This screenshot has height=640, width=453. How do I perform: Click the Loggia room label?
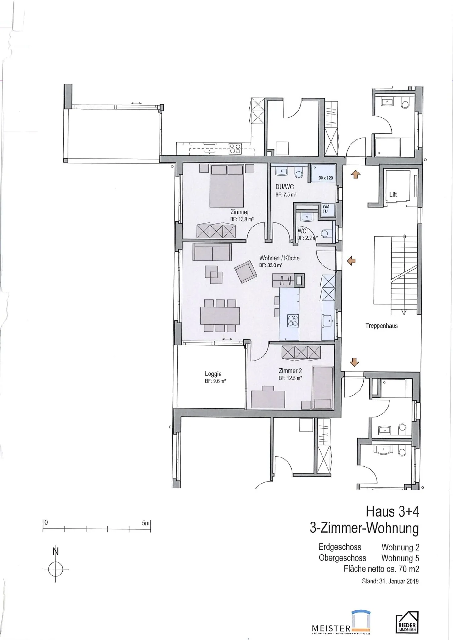[213, 374]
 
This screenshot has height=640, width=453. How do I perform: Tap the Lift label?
[393, 194]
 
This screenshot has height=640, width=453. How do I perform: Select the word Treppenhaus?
[381, 326]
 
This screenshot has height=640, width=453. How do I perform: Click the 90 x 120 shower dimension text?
[325, 178]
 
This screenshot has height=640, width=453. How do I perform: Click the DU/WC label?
[284, 187]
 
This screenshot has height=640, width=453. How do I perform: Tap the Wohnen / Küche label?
[279, 258]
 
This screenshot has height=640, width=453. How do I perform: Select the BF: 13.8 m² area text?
[242, 220]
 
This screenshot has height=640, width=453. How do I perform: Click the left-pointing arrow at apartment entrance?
[351, 260]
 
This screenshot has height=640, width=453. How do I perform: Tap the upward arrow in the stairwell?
[355, 174]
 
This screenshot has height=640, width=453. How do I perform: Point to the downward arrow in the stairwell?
[354, 362]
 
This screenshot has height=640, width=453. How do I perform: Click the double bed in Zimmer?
[227, 185]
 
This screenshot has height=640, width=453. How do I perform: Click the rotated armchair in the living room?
[246, 272]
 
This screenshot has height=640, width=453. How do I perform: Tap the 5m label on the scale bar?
[146, 523]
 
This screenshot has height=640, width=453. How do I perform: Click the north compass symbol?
[56, 569]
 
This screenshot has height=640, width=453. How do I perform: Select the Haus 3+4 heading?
[392, 512]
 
